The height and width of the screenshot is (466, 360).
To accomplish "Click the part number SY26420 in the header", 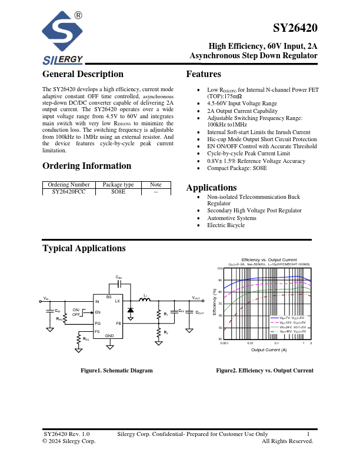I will [295, 28].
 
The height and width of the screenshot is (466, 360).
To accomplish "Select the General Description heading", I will [83, 74].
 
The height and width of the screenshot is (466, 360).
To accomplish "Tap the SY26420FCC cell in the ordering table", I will [68, 191].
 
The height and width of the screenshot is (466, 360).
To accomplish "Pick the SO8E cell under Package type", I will [118, 191].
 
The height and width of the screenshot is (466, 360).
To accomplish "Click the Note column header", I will [156, 184].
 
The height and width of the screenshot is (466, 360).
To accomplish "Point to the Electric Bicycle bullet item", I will [225, 225].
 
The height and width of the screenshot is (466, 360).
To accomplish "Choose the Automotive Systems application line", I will [232, 218].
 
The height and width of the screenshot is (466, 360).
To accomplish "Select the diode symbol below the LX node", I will [131, 309].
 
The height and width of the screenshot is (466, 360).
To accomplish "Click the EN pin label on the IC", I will [98, 312].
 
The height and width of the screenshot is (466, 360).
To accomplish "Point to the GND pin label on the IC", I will [109, 335].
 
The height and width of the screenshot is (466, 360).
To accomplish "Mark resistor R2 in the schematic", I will [159, 334].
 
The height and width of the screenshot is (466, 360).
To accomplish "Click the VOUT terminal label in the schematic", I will [196, 298].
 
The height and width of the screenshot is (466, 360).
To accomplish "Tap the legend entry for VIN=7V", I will [288, 318].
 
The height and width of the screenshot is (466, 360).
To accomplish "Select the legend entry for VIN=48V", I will [288, 332].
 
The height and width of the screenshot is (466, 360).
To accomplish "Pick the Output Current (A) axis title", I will [269, 350].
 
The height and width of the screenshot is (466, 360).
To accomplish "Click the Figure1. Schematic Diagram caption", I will [116, 371].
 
